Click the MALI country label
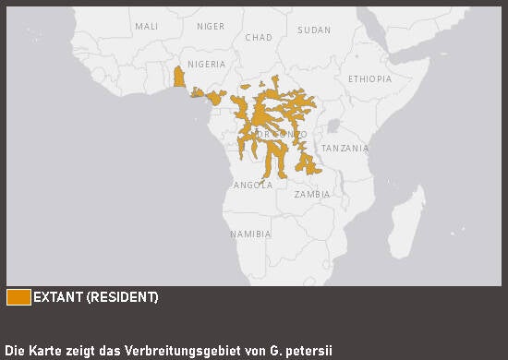pos(147,27)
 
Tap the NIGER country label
pos(211,27)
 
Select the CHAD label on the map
pos(259,38)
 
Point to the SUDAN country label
pos(314,30)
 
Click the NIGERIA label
pos(206,65)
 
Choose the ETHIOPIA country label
pos(369,79)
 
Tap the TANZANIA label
pos(345,149)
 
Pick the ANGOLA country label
pos(253,185)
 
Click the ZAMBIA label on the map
pos(311,195)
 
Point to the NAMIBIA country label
pos(250,234)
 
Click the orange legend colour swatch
pos(18,297)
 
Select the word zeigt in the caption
pos(87,351)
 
